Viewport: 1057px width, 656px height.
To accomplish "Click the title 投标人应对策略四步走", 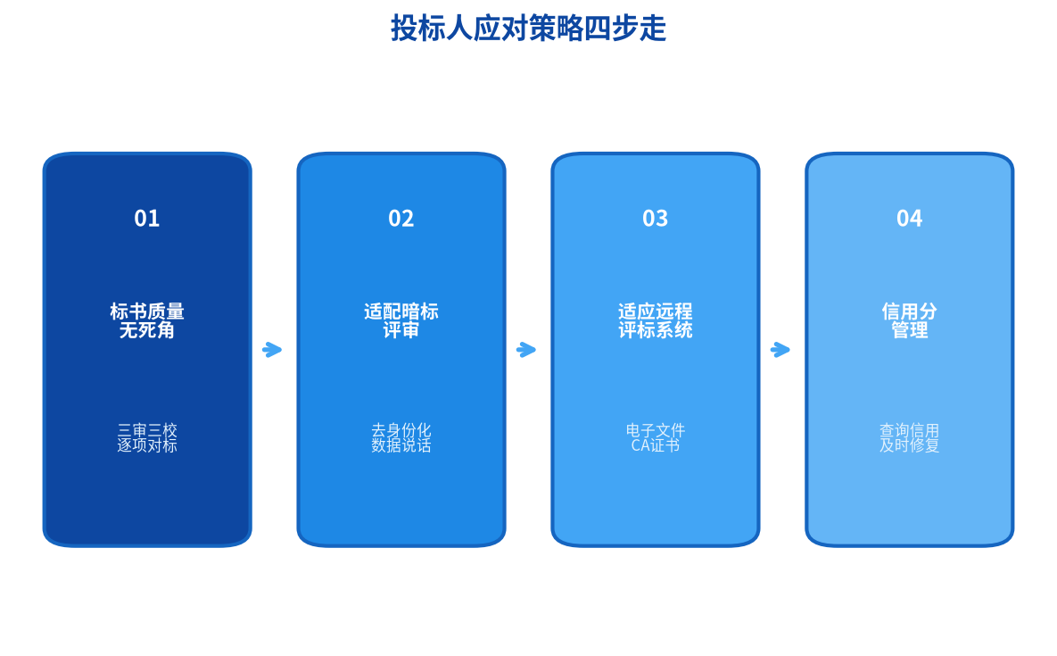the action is (528, 29).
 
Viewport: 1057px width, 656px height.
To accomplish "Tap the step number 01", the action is (147, 219).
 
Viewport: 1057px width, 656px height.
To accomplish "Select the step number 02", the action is (401, 219).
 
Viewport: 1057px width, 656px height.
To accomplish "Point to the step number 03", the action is (656, 219).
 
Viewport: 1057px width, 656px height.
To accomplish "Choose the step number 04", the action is (909, 219).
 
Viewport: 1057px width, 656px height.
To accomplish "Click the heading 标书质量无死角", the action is (147, 321).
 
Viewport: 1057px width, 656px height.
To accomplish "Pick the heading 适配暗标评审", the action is (401, 321).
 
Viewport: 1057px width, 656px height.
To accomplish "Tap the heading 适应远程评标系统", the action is (656, 321).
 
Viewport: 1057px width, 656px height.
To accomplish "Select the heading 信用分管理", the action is (909, 321).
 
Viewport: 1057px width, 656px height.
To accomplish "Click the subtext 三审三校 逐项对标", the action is (147, 438).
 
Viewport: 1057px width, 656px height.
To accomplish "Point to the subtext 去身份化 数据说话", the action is (401, 438).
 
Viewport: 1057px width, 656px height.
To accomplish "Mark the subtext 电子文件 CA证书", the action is (656, 438).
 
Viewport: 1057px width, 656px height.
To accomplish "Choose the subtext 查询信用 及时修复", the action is (909, 438).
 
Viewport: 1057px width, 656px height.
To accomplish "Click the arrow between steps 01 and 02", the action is (272, 350).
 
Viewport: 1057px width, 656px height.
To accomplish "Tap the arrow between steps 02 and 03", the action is (526, 350).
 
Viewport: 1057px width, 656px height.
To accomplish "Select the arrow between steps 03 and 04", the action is (780, 350).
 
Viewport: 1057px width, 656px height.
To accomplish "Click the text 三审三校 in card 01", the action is (147, 430).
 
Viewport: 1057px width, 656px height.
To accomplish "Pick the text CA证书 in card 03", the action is (656, 445).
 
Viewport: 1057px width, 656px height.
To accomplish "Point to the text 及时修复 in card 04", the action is (909, 445).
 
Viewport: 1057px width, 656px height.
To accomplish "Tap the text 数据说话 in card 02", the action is (401, 445).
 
